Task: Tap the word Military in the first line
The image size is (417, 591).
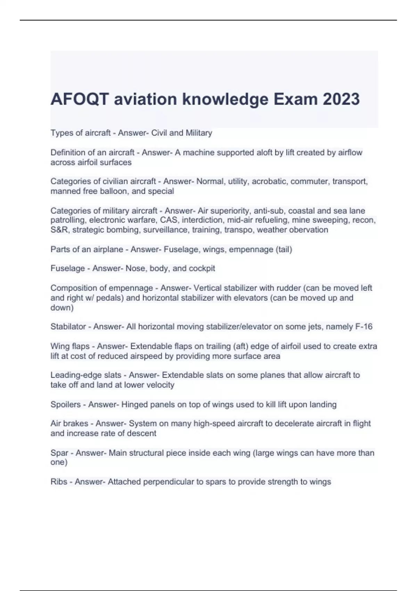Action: [199, 133]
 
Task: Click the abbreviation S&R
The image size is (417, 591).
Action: [60, 230]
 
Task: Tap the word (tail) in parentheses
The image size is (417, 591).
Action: [284, 249]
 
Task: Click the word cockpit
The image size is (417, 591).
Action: [202, 268]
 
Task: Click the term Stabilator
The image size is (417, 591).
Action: [68, 326]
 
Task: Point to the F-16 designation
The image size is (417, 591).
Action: [363, 326]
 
